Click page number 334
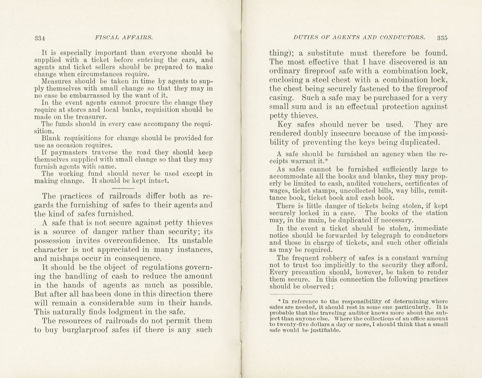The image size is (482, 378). (40, 38)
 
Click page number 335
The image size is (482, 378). (442, 38)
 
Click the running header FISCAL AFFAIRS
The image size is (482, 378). (124, 37)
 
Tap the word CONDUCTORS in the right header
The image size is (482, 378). (402, 37)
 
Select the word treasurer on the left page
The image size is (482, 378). (94, 117)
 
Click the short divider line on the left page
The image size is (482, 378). (123, 188)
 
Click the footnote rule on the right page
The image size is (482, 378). (291, 294)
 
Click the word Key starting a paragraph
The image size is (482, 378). (284, 125)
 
